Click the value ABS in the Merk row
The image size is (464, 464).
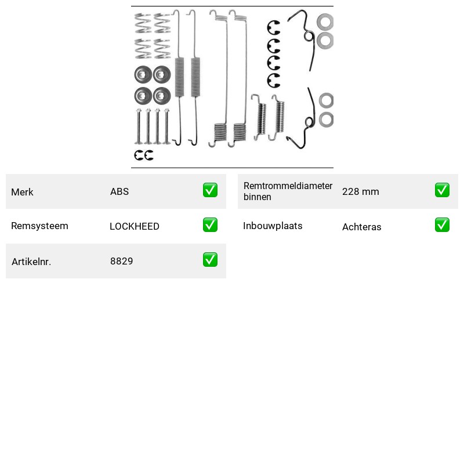coord(119,191)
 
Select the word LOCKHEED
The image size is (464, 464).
coord(135,226)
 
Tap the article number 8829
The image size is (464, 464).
coord(121,261)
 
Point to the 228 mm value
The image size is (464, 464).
coord(360,191)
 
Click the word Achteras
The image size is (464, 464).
coord(361,227)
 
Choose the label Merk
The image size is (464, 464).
coord(22,192)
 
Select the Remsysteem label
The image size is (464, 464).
coord(39,226)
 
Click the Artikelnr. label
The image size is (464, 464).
coord(31,262)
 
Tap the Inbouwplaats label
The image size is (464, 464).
coord(273,226)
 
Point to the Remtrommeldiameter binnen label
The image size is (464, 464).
coord(288,191)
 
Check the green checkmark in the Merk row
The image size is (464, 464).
coord(210,190)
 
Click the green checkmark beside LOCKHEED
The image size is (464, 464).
coord(210,225)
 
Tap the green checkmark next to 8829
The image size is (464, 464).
coord(210,259)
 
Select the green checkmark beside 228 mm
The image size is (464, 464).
coord(442,190)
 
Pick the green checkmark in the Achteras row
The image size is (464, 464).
coord(442,225)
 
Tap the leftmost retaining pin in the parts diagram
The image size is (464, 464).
coord(139,126)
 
